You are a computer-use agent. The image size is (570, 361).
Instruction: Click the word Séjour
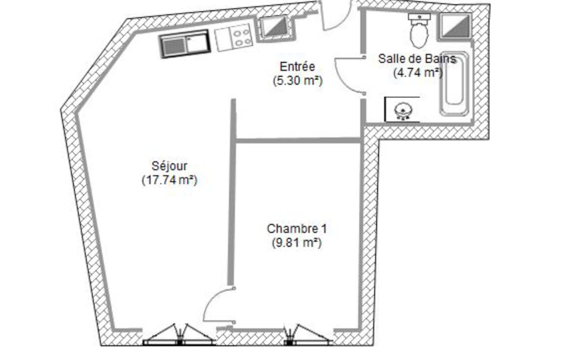click(170, 166)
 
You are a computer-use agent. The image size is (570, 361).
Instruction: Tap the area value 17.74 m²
click(170, 180)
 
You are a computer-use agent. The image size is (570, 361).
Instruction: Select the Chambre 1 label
click(296, 229)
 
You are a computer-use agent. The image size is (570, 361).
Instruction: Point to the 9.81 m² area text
click(296, 242)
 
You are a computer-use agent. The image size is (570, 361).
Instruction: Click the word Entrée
click(298, 67)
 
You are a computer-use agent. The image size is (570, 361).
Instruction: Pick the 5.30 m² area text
click(298, 81)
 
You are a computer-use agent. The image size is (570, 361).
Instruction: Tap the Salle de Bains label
click(417, 58)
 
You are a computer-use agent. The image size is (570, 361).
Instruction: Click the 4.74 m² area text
click(418, 72)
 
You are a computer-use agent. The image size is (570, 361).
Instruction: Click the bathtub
click(454, 84)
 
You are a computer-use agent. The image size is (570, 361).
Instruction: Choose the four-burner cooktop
click(234, 37)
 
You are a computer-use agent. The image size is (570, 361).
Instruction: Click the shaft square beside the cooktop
click(275, 27)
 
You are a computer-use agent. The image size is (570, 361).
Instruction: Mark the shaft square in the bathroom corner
click(456, 26)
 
